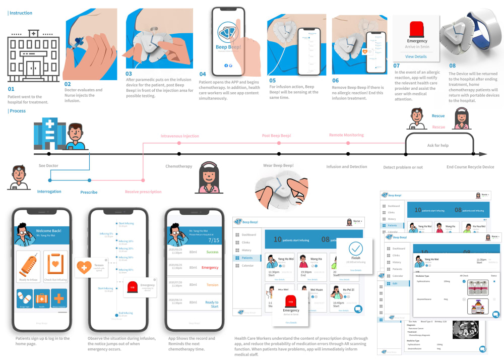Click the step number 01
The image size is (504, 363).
11,89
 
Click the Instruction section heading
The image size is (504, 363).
21,13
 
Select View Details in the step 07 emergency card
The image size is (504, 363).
416,56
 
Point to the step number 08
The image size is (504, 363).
452,65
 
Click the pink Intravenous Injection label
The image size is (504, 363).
179,136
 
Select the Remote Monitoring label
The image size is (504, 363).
346,135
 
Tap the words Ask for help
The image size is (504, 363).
437,145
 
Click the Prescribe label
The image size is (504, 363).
89,192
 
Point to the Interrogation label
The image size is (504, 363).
49,192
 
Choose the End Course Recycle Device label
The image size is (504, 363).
470,167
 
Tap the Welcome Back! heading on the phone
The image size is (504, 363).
49,231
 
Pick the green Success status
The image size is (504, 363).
212,252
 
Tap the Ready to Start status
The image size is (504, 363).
212,304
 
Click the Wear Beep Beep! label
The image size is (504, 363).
279,165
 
